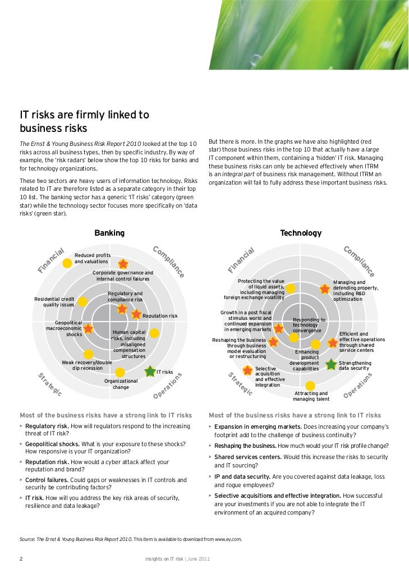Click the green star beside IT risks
point(150,371)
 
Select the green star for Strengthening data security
point(332,364)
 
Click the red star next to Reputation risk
point(136,314)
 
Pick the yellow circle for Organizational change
point(120,372)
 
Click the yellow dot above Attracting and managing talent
point(310,386)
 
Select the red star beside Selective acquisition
point(247,370)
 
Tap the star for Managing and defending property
point(324,288)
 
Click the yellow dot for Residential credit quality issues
point(82,301)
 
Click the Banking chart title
point(109,233)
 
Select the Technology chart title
point(301,233)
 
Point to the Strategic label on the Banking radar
point(50,386)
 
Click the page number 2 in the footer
point(21,558)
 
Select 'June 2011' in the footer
point(199,559)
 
